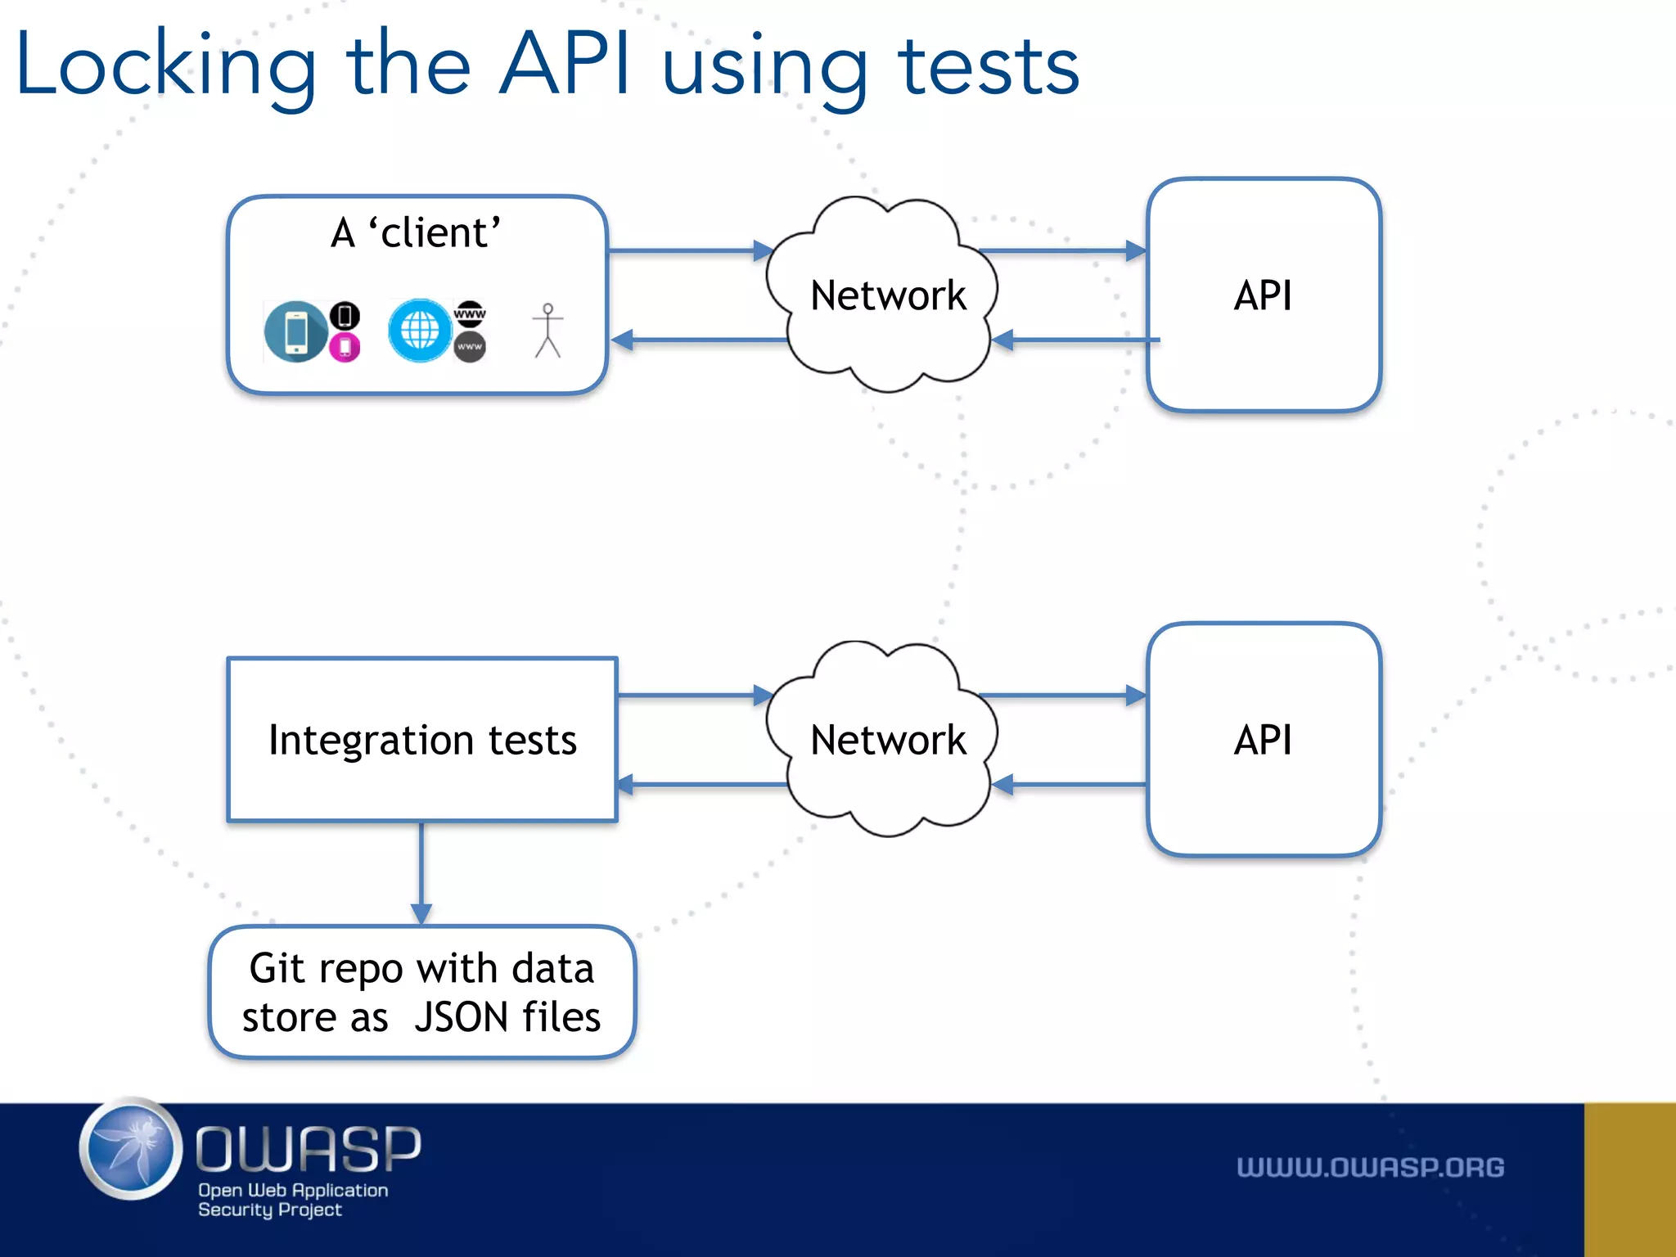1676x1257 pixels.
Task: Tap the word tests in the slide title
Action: pos(989,65)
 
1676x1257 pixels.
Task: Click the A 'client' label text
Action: pos(416,232)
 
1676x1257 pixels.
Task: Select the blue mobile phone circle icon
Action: pos(295,331)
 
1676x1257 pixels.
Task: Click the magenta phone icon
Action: pos(345,348)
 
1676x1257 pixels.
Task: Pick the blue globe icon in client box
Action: pos(420,331)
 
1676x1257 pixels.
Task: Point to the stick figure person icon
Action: pos(547,331)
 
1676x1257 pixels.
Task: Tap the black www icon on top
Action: pos(470,313)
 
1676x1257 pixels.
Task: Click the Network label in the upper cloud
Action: pos(888,295)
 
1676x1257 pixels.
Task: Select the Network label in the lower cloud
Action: pos(888,740)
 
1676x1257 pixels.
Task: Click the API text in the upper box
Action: pos(1263,295)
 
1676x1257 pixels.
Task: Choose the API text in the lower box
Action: pos(1263,740)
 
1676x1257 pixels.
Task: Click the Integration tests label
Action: pos(422,740)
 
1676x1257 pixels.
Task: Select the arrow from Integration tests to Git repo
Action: pos(421,872)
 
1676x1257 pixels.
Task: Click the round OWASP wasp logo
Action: pos(131,1149)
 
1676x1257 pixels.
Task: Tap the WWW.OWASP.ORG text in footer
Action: pos(1370,1167)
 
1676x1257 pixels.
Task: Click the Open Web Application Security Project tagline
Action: pos(292,1200)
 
